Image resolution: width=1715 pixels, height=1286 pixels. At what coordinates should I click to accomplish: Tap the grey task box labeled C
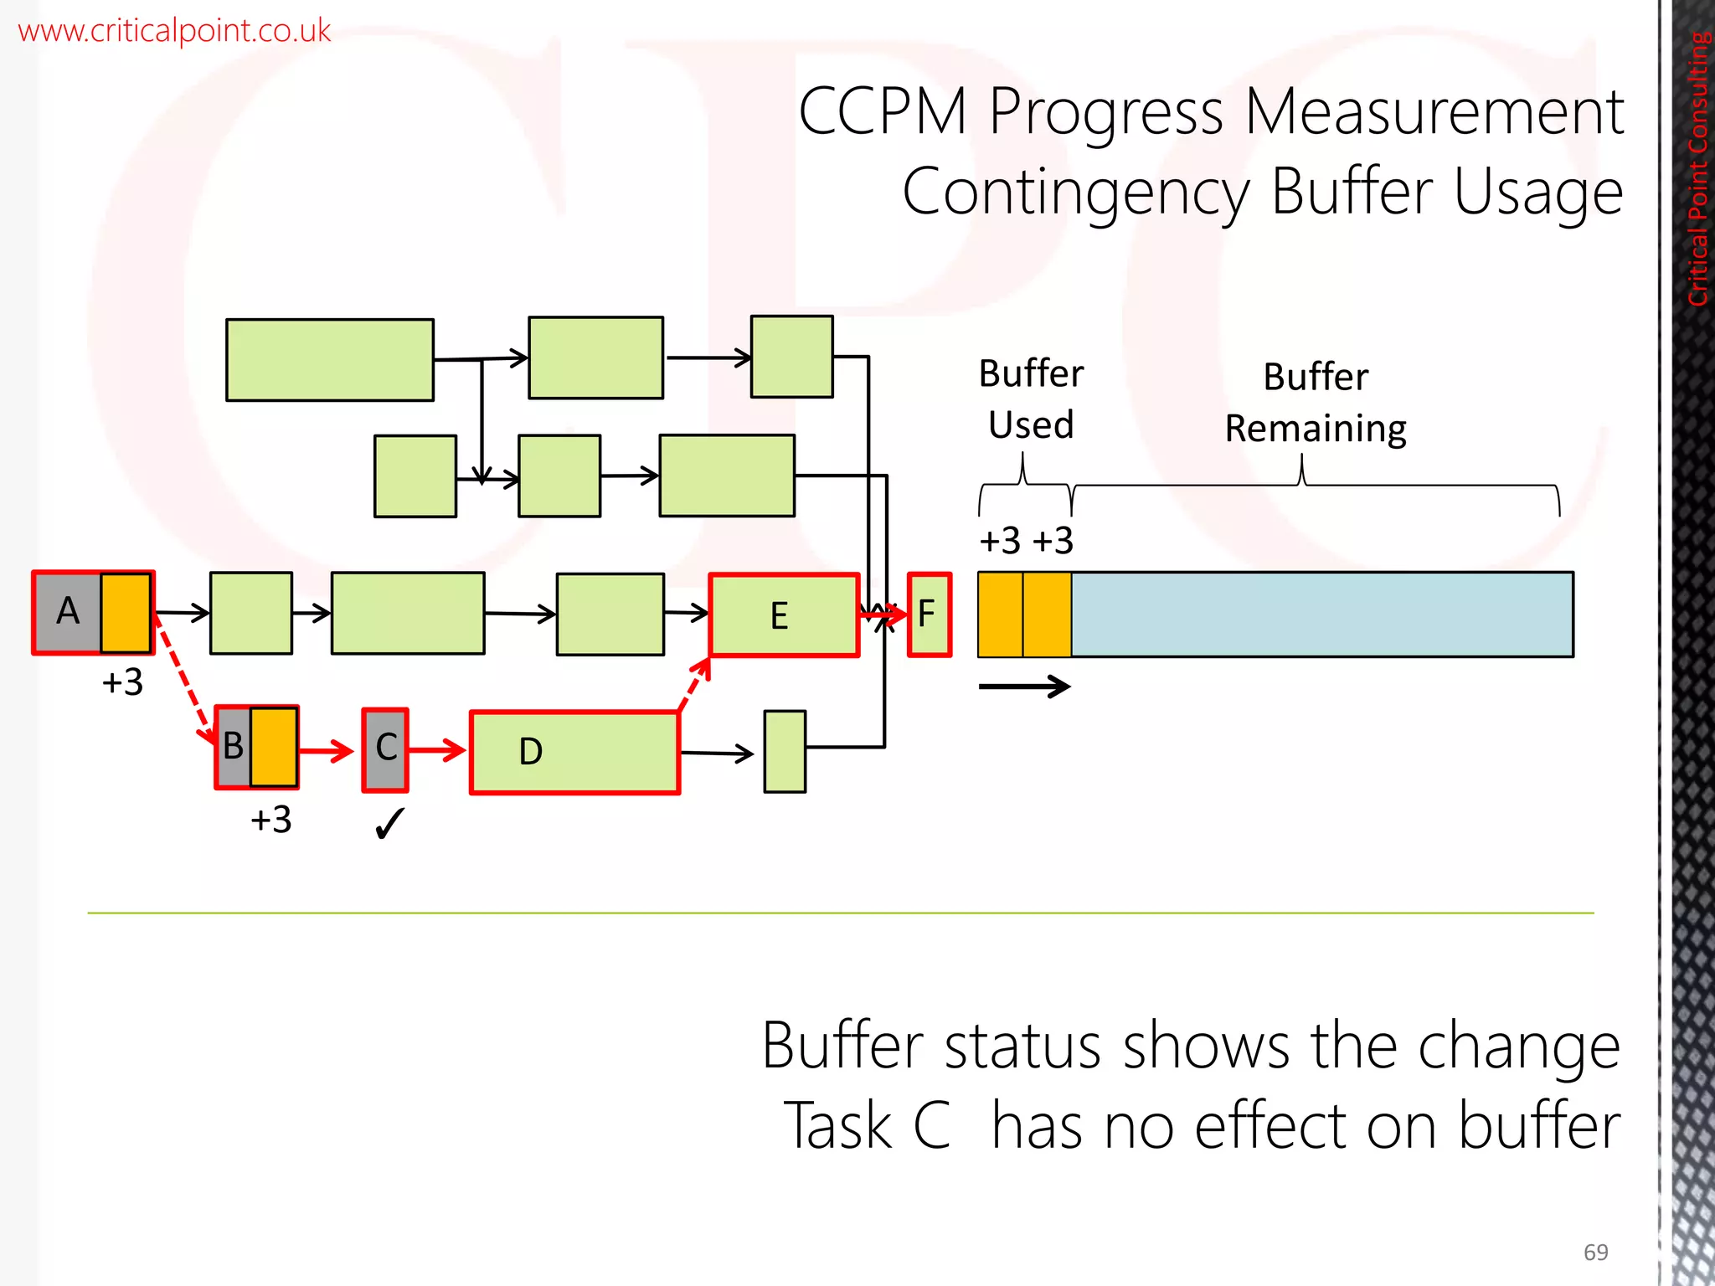385,749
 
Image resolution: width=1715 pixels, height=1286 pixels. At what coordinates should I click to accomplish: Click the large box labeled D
574,752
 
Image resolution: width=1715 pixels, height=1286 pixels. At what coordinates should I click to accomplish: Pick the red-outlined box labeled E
783,615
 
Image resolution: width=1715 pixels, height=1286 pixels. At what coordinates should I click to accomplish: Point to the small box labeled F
929,615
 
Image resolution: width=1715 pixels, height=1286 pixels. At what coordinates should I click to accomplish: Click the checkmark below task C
389,824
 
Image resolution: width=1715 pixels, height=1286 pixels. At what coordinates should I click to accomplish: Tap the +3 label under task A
122,683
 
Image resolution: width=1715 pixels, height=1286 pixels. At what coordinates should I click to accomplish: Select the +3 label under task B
270,820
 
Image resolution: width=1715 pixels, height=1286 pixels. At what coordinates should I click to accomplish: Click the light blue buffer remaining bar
1321,615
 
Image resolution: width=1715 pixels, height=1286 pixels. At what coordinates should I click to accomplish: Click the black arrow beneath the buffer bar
1024,687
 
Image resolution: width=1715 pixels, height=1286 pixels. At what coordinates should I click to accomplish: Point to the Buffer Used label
1030,399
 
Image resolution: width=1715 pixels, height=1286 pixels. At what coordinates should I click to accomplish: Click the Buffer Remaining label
1315,403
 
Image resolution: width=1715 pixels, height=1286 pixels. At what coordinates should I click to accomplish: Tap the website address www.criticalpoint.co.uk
174,31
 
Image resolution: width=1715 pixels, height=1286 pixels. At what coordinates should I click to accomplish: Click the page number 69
1595,1253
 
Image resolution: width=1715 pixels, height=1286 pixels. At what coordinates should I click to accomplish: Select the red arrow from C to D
436,749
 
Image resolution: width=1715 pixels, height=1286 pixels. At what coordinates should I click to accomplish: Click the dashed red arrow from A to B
183,680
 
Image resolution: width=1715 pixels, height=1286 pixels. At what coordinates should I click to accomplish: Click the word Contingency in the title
1075,193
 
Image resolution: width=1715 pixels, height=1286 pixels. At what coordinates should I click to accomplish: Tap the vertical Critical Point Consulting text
1697,167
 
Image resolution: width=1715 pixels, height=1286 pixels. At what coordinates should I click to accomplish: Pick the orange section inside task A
126,613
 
